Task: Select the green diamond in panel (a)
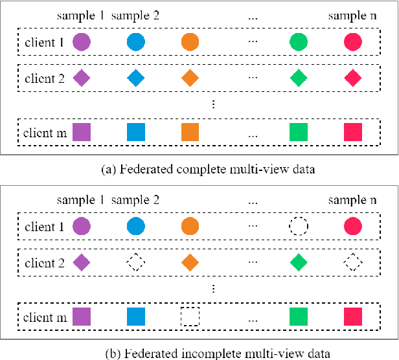tap(299, 78)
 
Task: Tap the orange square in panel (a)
tap(190, 132)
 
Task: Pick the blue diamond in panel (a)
tap(135, 78)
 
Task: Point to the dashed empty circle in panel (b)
tap(299, 227)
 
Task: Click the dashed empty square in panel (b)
tap(190, 317)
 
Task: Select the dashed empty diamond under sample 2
tap(135, 263)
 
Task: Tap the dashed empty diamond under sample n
tap(353, 263)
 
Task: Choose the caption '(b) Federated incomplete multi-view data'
tap(199, 352)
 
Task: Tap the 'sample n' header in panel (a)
tap(352, 14)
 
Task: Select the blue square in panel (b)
tap(135, 317)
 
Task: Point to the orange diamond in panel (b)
tap(190, 263)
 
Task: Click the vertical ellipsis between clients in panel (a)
tap(214, 104)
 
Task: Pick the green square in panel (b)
tap(299, 317)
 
